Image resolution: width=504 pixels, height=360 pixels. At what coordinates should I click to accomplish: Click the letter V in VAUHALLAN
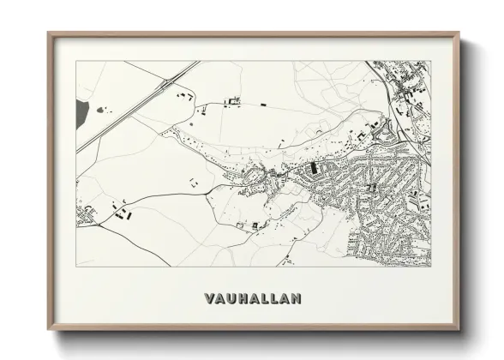point(210,299)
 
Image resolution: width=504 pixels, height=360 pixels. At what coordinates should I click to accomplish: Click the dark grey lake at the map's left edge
point(81,111)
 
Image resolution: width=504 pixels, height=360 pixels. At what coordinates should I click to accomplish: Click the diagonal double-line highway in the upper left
point(129,111)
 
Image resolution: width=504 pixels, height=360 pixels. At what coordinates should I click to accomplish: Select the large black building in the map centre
point(313,168)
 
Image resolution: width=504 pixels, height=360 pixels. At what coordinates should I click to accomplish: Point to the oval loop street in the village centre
point(254,178)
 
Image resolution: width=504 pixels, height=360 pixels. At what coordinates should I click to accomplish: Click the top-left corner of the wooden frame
point(49,34)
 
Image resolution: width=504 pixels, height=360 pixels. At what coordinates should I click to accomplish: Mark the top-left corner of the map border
point(76,61)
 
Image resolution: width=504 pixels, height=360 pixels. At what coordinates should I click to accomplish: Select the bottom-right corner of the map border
point(431,267)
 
